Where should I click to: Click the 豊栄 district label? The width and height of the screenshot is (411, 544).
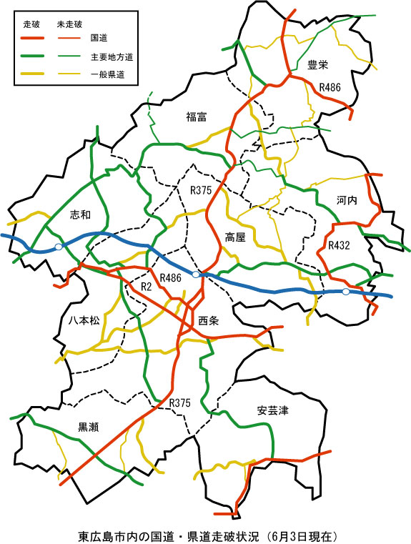pyautogui.click(x=317, y=66)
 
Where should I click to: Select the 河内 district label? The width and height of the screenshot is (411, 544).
pyautogui.click(x=346, y=201)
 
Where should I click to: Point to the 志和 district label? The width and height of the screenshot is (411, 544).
pyautogui.click(x=81, y=214)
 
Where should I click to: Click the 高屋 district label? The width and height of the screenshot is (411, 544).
pyautogui.click(x=235, y=237)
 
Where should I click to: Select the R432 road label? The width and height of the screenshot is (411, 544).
pyautogui.click(x=339, y=245)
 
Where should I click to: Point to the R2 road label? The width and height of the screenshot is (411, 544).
pyautogui.click(x=146, y=287)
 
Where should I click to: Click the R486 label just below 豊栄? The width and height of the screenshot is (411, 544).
pyautogui.click(x=330, y=87)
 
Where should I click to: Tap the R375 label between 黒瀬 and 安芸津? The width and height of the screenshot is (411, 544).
pyautogui.click(x=180, y=404)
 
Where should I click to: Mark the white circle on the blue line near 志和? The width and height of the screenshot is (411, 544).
pyautogui.click(x=59, y=245)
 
